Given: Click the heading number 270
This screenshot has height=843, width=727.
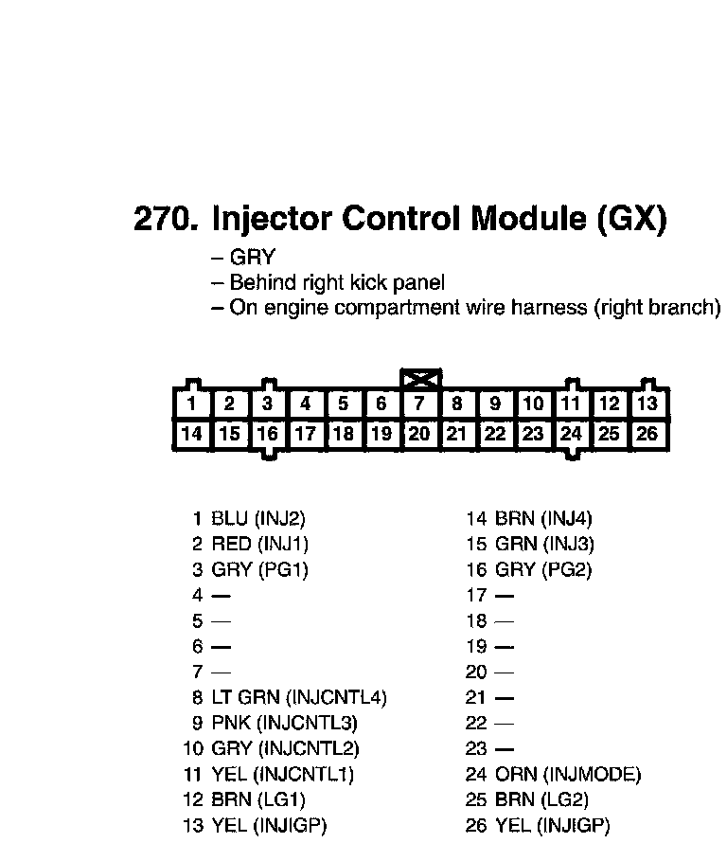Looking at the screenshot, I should click(x=166, y=220).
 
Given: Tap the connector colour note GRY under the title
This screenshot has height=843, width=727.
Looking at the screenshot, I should click(x=252, y=258).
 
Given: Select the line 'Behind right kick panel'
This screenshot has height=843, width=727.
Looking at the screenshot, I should click(x=337, y=282).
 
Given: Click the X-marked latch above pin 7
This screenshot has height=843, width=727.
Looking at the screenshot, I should click(x=419, y=379).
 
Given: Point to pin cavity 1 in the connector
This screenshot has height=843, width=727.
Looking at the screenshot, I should click(x=192, y=404).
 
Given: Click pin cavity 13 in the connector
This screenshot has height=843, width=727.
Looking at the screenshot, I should click(x=647, y=404).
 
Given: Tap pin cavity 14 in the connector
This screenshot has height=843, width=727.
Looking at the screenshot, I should click(x=192, y=434).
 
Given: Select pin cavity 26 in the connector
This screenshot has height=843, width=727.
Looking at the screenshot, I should click(x=647, y=434).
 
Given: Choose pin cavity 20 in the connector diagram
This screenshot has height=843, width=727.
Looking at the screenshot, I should click(x=419, y=434).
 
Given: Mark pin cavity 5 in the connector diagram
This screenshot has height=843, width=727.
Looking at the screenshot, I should click(x=344, y=404).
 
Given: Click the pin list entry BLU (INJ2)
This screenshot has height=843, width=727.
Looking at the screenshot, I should click(x=257, y=518).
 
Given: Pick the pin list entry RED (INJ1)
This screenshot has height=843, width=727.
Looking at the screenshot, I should click(x=259, y=544).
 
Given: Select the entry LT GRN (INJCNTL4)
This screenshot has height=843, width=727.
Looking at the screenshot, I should click(x=298, y=697).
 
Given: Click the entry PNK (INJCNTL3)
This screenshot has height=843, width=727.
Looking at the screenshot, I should click(x=284, y=723).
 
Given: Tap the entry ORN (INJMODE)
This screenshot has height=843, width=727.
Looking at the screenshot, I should click(x=567, y=774).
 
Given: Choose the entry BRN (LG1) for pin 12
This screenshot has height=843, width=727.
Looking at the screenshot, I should click(x=257, y=799).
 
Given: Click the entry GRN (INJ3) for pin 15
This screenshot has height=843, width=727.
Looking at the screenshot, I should click(x=544, y=544).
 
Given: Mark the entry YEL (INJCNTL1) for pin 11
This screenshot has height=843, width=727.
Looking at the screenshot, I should click(x=282, y=774).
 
